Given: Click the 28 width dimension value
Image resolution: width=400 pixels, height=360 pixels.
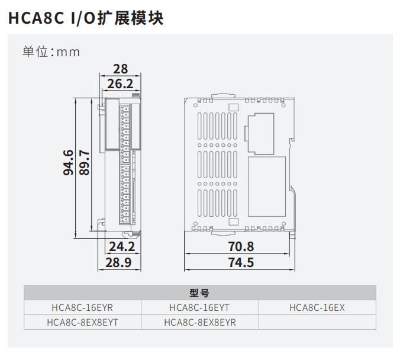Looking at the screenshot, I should [121, 69].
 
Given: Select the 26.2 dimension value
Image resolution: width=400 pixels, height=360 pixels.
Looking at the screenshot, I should [121, 84].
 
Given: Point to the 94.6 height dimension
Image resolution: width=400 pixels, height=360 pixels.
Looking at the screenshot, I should [69, 163].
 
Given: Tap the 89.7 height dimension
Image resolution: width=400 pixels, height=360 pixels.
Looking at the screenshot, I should [85, 163].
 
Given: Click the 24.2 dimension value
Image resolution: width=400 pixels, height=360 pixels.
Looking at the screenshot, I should [122, 246].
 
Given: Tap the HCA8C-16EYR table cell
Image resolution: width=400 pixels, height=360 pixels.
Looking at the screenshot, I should [82, 307].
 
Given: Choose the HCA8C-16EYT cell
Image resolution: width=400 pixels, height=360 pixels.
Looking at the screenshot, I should [199, 307].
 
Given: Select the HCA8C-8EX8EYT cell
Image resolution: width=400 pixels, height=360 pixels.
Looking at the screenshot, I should [82, 322].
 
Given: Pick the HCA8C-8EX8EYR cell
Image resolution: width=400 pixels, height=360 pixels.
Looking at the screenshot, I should [199, 322].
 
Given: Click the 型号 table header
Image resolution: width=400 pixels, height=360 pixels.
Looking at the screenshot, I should [199, 292].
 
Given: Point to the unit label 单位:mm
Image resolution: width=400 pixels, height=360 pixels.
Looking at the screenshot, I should [51, 52].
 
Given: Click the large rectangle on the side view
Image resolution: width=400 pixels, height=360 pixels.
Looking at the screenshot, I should [266, 187].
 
